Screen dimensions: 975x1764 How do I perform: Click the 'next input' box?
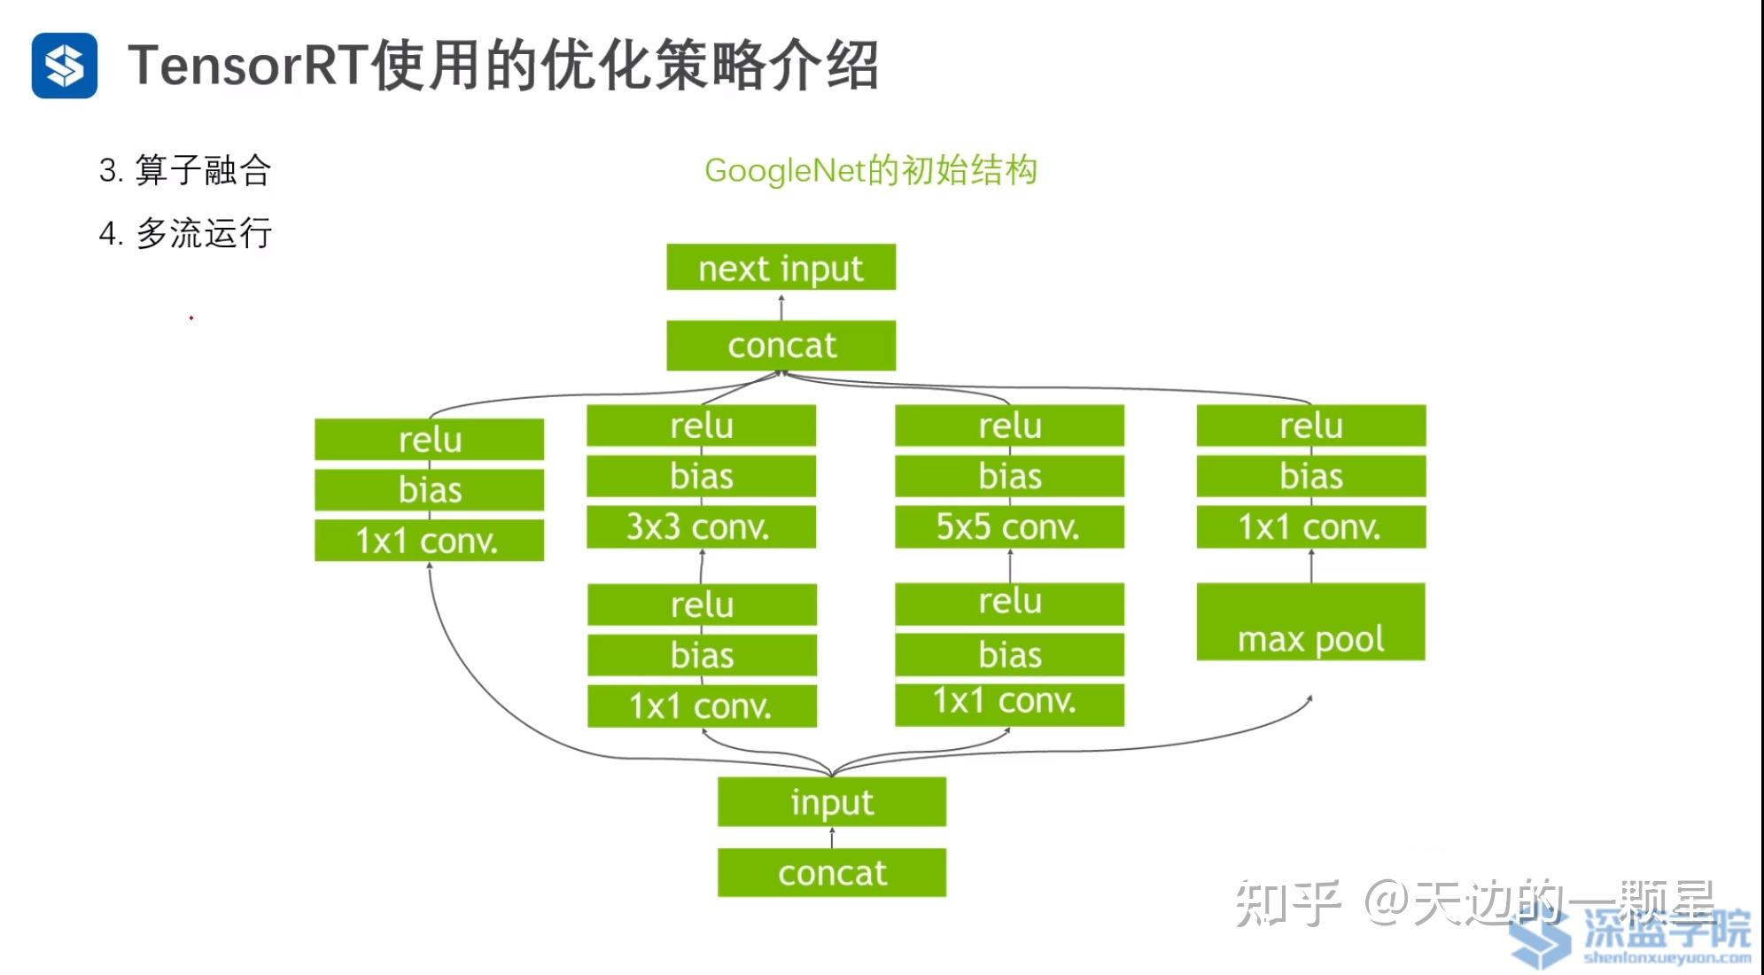pos(781,267)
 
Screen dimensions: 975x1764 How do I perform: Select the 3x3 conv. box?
pos(701,526)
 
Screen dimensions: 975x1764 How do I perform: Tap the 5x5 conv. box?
pos(1009,526)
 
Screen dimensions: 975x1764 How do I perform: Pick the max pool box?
pos(1310,622)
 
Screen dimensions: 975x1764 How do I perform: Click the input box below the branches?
pos(832,802)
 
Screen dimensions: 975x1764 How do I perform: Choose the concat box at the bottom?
pos(832,873)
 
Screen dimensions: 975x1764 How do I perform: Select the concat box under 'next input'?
pos(781,345)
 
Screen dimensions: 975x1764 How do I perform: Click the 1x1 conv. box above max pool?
pos(1310,526)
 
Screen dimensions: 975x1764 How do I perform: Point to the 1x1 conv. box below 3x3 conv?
pos(702,706)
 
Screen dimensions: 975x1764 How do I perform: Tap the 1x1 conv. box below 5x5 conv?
pos(1009,703)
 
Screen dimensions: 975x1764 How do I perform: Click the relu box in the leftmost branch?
pos(430,440)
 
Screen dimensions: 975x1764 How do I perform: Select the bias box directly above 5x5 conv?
pos(1009,476)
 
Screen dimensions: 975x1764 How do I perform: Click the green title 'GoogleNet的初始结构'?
pos(870,170)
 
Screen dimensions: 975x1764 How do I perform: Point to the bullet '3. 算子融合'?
pos(184,170)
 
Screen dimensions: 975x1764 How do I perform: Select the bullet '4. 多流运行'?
pos(185,234)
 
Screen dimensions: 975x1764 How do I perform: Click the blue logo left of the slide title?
pos(65,66)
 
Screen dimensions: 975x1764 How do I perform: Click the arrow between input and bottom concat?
pos(832,838)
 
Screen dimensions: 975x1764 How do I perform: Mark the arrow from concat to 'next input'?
pos(781,306)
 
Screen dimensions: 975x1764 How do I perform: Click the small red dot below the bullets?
pos(191,317)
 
